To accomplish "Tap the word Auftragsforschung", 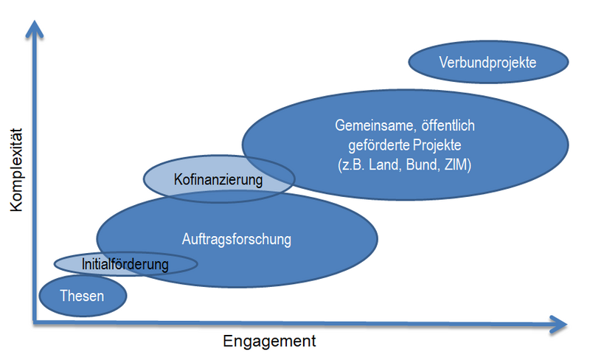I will coord(237,239).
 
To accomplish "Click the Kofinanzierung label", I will coord(218,179).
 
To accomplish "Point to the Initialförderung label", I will coord(125,263).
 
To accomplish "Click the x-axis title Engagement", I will coord(269,342).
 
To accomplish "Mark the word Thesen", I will coord(82,296).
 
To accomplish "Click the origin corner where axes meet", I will coord(34,322).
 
